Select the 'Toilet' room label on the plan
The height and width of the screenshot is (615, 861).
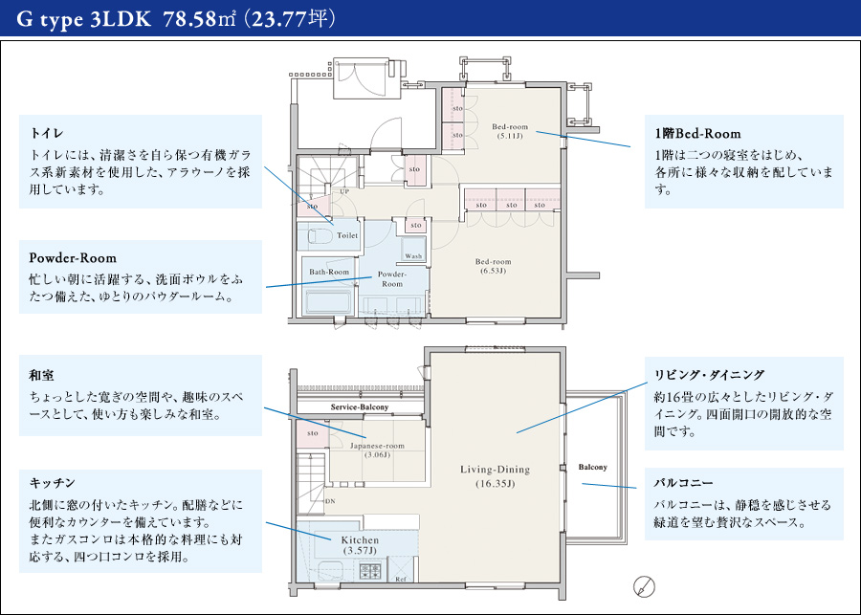click(346, 234)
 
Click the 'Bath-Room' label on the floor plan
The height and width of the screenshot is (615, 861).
click(329, 272)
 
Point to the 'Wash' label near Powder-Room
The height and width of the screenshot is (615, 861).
click(413, 256)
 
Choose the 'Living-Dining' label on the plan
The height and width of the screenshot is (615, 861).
click(495, 470)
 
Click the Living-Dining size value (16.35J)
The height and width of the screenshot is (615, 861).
click(495, 484)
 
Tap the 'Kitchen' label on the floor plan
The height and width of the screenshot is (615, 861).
click(361, 540)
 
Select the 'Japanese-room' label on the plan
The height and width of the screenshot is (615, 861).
click(377, 446)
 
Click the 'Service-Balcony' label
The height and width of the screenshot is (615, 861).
click(360, 408)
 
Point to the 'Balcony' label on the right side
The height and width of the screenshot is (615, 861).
click(592, 467)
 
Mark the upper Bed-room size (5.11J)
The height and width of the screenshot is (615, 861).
click(510, 137)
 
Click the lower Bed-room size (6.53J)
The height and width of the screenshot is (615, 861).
click(494, 272)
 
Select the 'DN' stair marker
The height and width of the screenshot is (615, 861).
click(330, 500)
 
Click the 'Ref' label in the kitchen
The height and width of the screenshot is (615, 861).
click(400, 580)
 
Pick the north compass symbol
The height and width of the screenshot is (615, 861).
click(644, 585)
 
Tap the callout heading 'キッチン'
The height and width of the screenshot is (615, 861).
click(52, 483)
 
